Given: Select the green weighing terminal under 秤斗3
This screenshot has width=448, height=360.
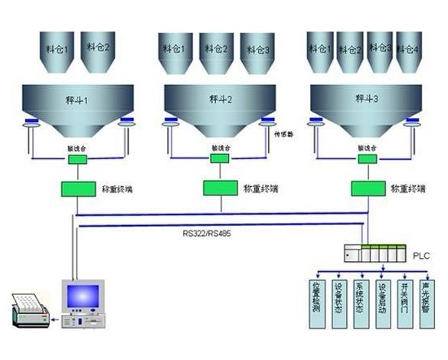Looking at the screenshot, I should click(365, 187).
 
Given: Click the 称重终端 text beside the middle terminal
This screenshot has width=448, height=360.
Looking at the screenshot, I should click(260, 187).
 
